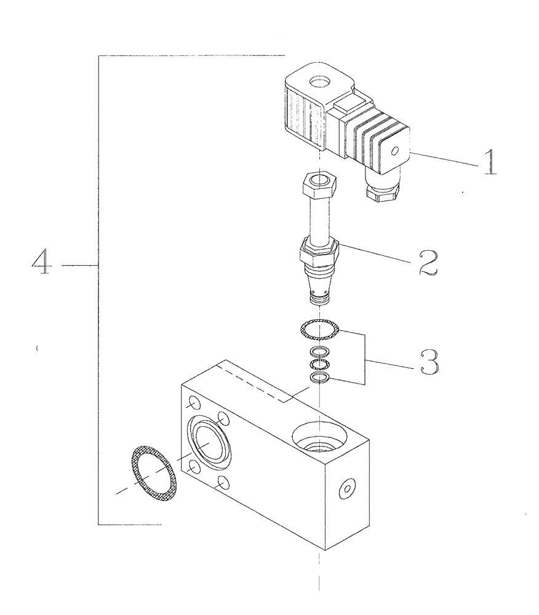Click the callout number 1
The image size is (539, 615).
(489, 161)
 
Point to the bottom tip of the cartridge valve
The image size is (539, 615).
(318, 300)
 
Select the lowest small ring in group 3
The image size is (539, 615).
(319, 378)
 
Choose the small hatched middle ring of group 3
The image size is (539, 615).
(319, 364)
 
